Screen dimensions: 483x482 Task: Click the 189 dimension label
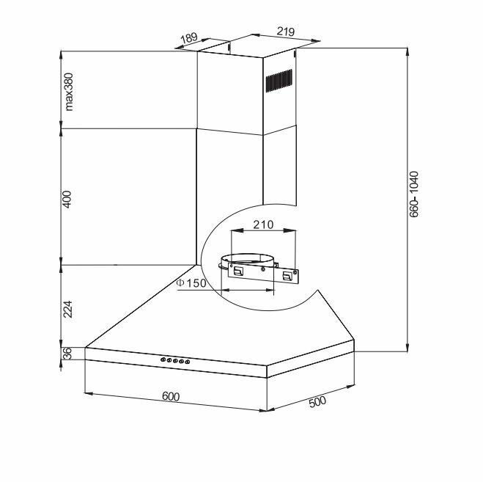(x=189, y=38)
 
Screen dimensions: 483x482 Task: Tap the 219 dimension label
(x=286, y=31)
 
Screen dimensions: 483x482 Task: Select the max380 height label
(x=69, y=92)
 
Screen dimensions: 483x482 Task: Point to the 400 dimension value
(x=67, y=200)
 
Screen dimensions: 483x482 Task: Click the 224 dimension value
(x=67, y=309)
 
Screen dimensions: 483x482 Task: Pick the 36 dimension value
(x=67, y=354)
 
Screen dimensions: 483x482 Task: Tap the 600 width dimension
(x=171, y=396)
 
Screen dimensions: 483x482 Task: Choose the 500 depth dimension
(x=317, y=402)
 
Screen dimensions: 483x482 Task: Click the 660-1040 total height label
(x=414, y=194)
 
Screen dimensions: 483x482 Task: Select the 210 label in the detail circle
(x=263, y=224)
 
